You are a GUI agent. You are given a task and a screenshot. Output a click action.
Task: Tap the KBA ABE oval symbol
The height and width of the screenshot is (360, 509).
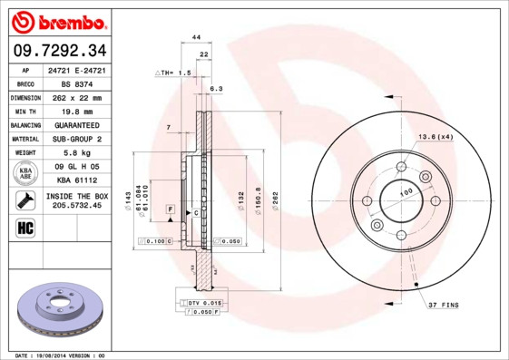click(25, 173)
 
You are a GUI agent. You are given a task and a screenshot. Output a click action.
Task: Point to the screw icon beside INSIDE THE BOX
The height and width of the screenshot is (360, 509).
click(25, 200)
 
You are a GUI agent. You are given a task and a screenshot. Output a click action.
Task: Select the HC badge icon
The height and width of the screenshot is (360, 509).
click(25, 228)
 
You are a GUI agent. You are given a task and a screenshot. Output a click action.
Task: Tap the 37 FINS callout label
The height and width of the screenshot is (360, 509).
click(445, 305)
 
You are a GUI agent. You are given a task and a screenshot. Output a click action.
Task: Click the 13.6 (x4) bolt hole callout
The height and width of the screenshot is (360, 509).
click(433, 136)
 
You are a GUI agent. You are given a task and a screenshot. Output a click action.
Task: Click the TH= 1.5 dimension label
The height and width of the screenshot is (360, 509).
click(177, 72)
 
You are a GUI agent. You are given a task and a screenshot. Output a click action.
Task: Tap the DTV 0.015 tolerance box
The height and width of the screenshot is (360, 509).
click(204, 302)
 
